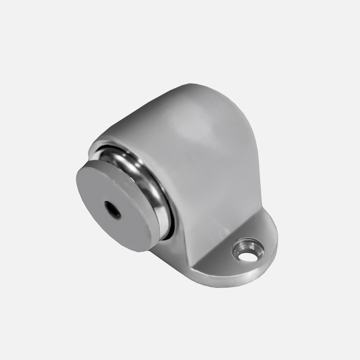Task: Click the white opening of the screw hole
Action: pyautogui.click(x=249, y=257)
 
